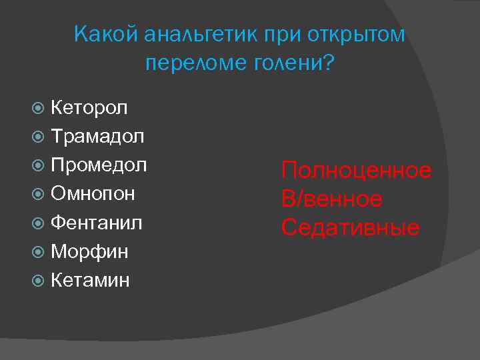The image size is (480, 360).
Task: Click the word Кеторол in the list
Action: pyautogui.click(x=89, y=107)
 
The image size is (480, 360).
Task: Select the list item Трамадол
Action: pyautogui.click(x=97, y=137)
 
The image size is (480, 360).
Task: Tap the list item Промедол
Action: pyautogui.click(x=99, y=165)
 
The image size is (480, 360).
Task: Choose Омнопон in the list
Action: pyautogui.click(x=93, y=194)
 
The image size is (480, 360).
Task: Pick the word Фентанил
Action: pyautogui.click(x=97, y=223)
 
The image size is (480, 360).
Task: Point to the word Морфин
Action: pyautogui.click(x=89, y=251)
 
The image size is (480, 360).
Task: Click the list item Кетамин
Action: pyautogui.click(x=90, y=280)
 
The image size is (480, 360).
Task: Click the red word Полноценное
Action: pyautogui.click(x=356, y=171)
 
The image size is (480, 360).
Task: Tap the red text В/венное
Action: pyautogui.click(x=331, y=199)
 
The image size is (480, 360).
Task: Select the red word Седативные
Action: pyautogui.click(x=350, y=227)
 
